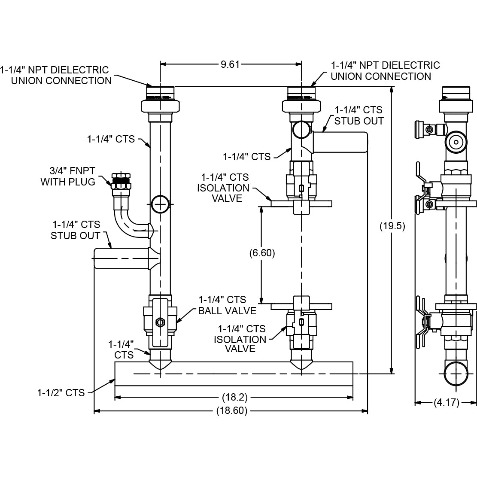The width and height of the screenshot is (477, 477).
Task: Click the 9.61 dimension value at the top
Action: tap(230, 64)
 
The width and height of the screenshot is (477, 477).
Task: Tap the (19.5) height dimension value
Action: tap(393, 226)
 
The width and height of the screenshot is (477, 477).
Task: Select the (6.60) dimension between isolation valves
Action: tap(262, 253)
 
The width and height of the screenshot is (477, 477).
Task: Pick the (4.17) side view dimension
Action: tap(446, 403)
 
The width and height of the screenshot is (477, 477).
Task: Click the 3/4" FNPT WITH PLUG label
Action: tap(68, 176)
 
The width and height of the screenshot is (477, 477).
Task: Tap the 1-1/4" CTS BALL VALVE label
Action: tap(227, 305)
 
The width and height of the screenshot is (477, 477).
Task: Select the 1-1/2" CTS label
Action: tap(61, 392)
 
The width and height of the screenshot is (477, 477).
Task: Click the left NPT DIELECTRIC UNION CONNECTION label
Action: tap(55, 75)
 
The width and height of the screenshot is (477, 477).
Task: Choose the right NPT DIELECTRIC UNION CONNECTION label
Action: tap(385, 71)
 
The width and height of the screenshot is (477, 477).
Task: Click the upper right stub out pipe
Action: tap(343, 143)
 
